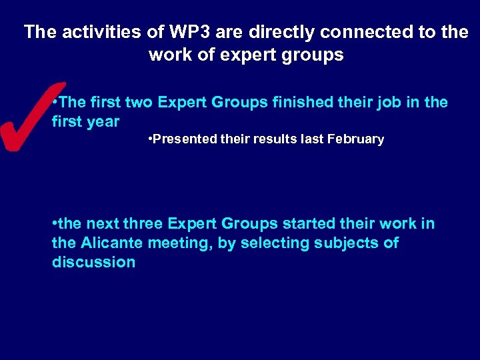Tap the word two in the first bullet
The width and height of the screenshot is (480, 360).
pos(142,103)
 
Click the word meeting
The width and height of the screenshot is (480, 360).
pos(179,243)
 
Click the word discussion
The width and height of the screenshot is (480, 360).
pos(93,262)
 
